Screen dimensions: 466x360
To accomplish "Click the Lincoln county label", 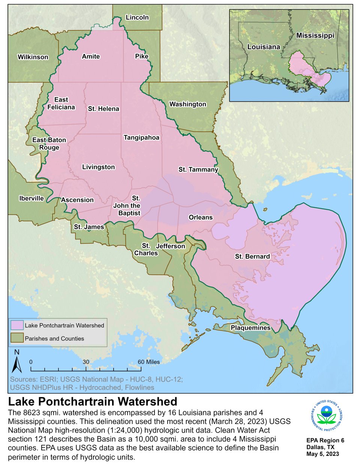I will point(137,17).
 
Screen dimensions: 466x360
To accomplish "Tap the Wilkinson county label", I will point(33,57).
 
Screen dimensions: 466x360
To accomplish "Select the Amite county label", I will point(91,56).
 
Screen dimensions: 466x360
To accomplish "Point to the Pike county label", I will point(142,56).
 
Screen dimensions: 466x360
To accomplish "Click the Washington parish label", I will point(188,104).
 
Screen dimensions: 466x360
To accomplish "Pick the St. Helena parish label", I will point(103,109).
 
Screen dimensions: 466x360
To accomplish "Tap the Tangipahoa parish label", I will point(141,138).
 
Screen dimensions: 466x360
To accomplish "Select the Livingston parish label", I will point(99,167).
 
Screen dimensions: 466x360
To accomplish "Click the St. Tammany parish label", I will point(198,170).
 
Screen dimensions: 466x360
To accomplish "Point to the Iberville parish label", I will point(31,198).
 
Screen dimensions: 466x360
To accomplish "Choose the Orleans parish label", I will point(201,217).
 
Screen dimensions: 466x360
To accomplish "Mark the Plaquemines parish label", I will point(250,328).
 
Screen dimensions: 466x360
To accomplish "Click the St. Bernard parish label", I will point(252,257).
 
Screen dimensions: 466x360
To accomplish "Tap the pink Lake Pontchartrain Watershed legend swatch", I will point(17,325).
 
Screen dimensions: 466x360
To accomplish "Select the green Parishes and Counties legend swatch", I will point(17,338).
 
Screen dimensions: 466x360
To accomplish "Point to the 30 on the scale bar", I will point(86,362).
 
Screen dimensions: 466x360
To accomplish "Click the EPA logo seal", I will point(326,415).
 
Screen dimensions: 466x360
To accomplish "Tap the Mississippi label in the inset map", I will point(315,35).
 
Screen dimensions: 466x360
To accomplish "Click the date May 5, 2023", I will point(322,454).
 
